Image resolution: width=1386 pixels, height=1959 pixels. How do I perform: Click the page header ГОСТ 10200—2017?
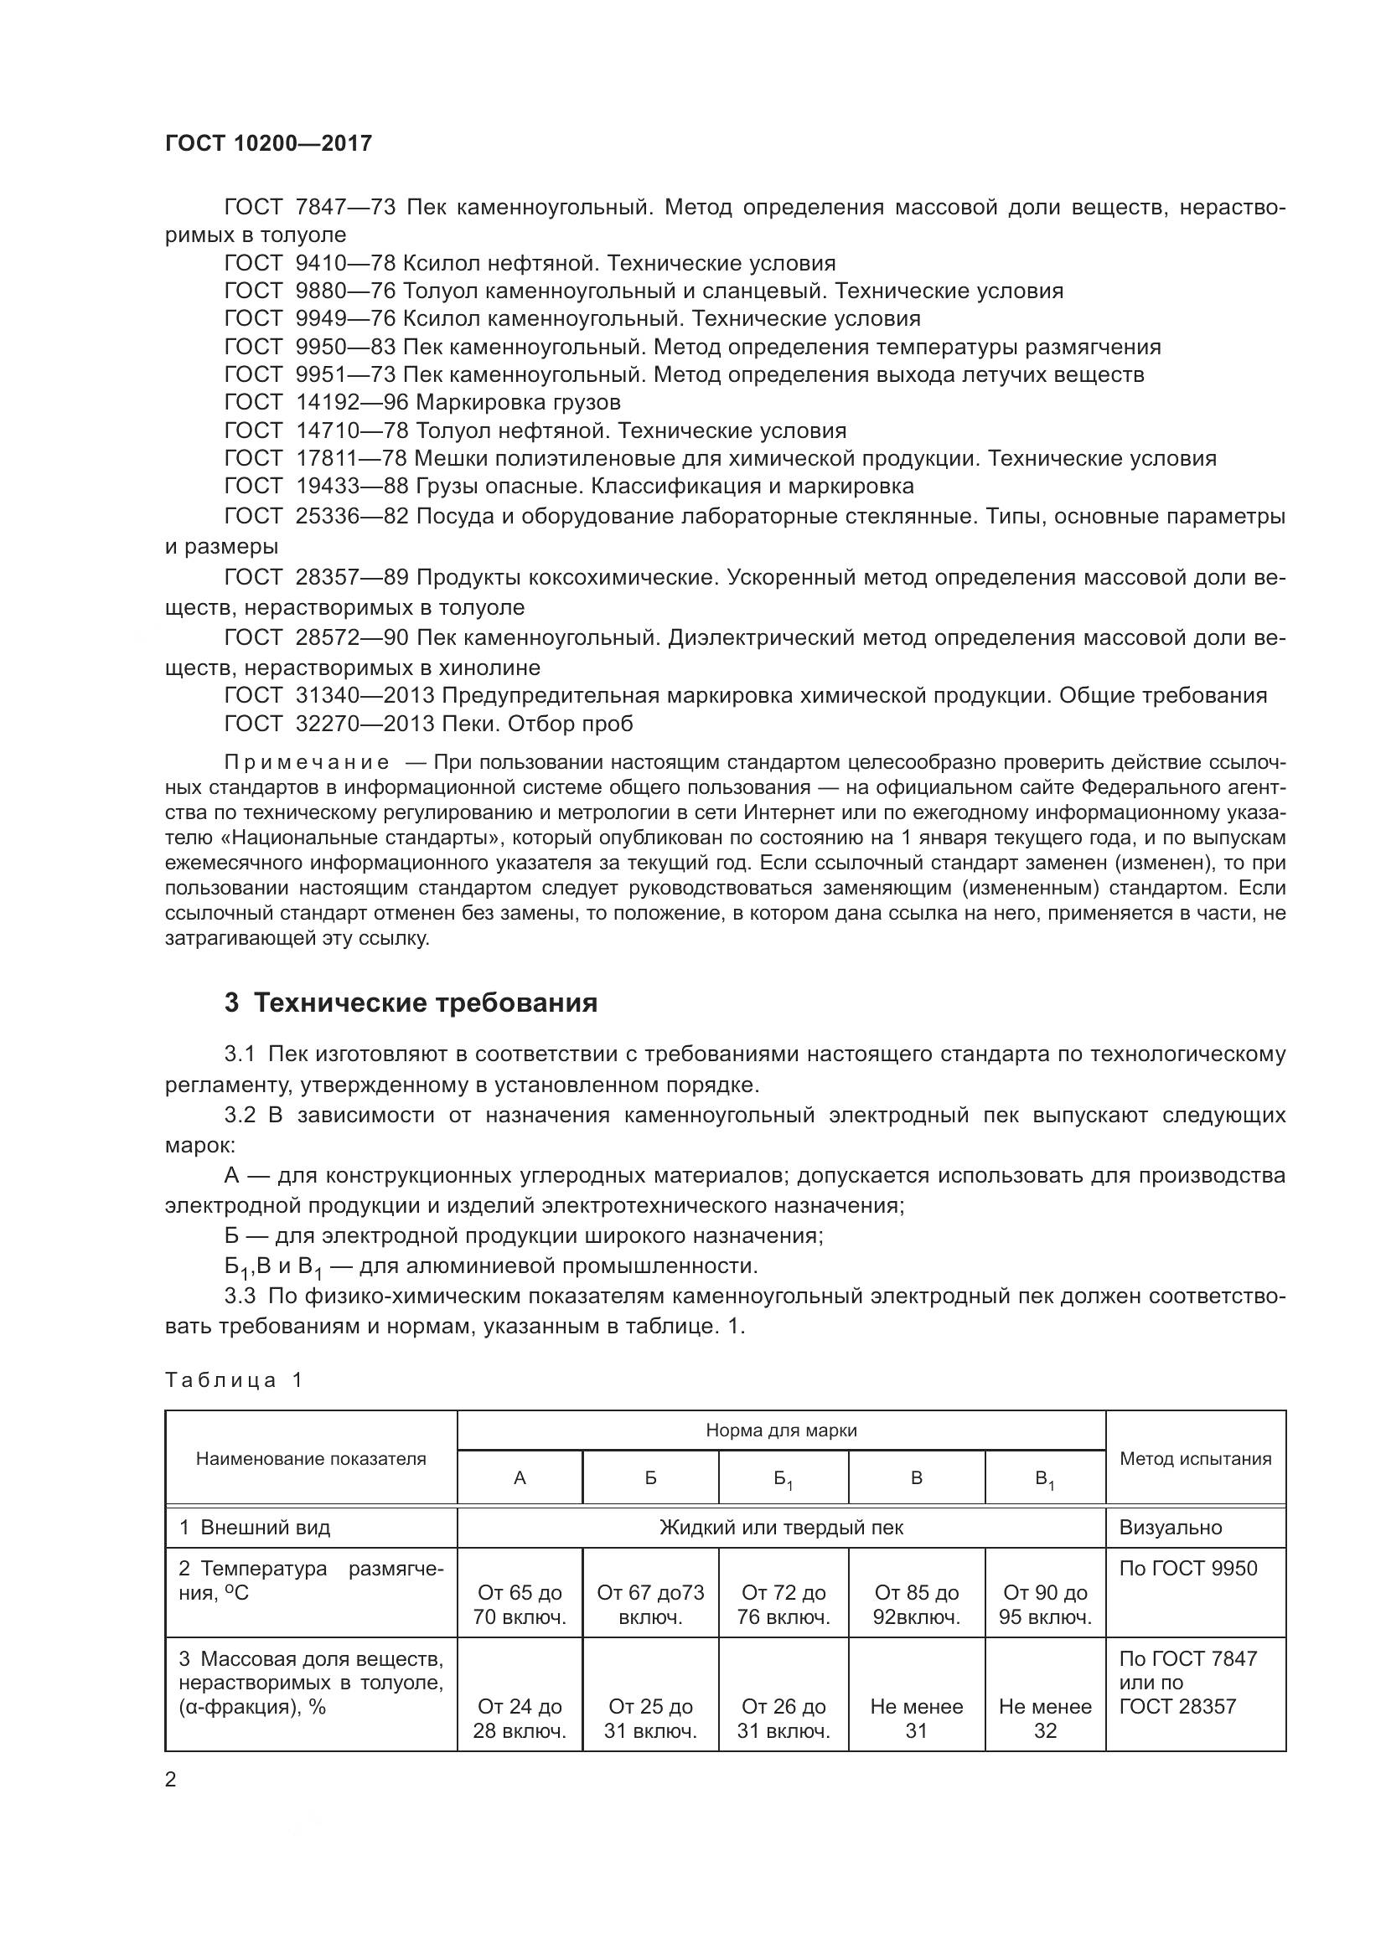[x=269, y=143]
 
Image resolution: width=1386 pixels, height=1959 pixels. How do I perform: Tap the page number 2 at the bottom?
[x=171, y=1780]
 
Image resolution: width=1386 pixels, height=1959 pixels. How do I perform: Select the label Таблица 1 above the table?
[x=234, y=1379]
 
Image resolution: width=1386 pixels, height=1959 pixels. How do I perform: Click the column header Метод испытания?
[x=1195, y=1458]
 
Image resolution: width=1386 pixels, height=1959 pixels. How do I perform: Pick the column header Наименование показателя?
[x=311, y=1458]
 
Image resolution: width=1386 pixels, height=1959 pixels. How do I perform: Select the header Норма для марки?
[x=781, y=1430]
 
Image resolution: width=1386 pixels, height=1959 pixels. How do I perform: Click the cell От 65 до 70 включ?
[x=520, y=1605]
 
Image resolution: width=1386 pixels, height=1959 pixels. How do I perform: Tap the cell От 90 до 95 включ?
[x=1045, y=1605]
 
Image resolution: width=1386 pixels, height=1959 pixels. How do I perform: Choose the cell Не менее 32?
[x=1045, y=1719]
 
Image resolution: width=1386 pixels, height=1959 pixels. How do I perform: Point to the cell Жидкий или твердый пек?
[x=781, y=1528]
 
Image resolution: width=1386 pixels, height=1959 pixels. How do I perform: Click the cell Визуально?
[x=1170, y=1528]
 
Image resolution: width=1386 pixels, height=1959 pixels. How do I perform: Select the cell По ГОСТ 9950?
[x=1188, y=1568]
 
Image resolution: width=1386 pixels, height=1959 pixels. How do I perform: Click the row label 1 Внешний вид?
[x=255, y=1528]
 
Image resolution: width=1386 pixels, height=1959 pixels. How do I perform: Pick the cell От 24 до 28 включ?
[x=520, y=1719]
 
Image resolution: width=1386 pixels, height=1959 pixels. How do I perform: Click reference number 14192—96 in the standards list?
[x=352, y=402]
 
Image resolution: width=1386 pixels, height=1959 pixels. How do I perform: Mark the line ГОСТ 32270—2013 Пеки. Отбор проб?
[x=428, y=724]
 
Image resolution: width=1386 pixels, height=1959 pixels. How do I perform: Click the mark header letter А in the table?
[x=520, y=1477]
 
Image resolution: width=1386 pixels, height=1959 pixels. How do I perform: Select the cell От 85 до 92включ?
[x=917, y=1605]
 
